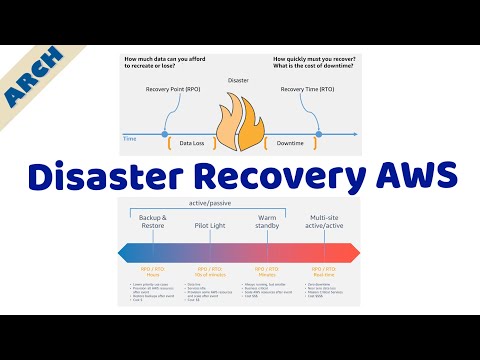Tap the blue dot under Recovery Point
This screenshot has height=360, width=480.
pos(164,132)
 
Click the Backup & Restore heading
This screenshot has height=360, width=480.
pos(152,222)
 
